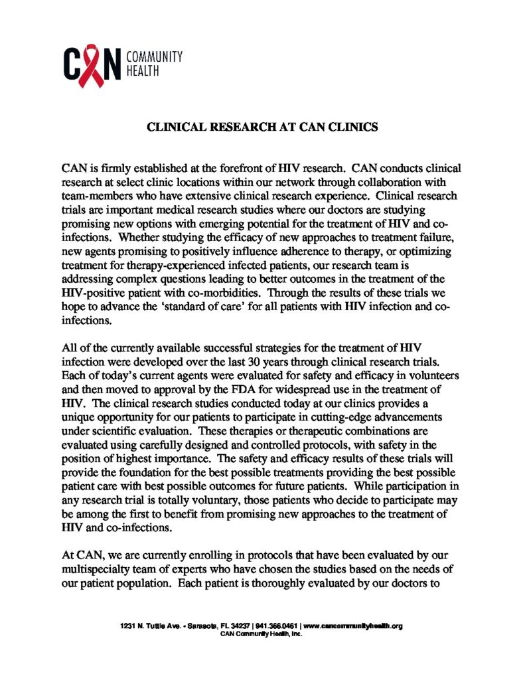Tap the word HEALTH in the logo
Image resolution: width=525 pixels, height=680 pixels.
click(x=141, y=70)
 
